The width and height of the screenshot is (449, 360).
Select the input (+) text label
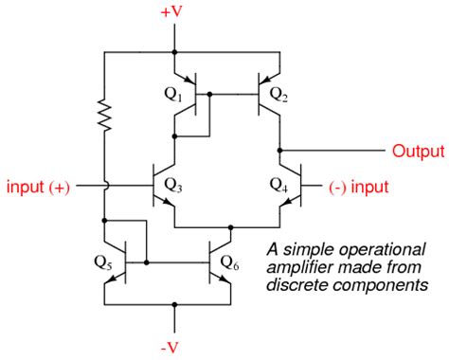coord(38,187)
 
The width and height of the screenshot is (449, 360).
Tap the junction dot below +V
coord(174,53)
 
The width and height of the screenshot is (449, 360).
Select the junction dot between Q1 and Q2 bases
coord(208,95)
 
